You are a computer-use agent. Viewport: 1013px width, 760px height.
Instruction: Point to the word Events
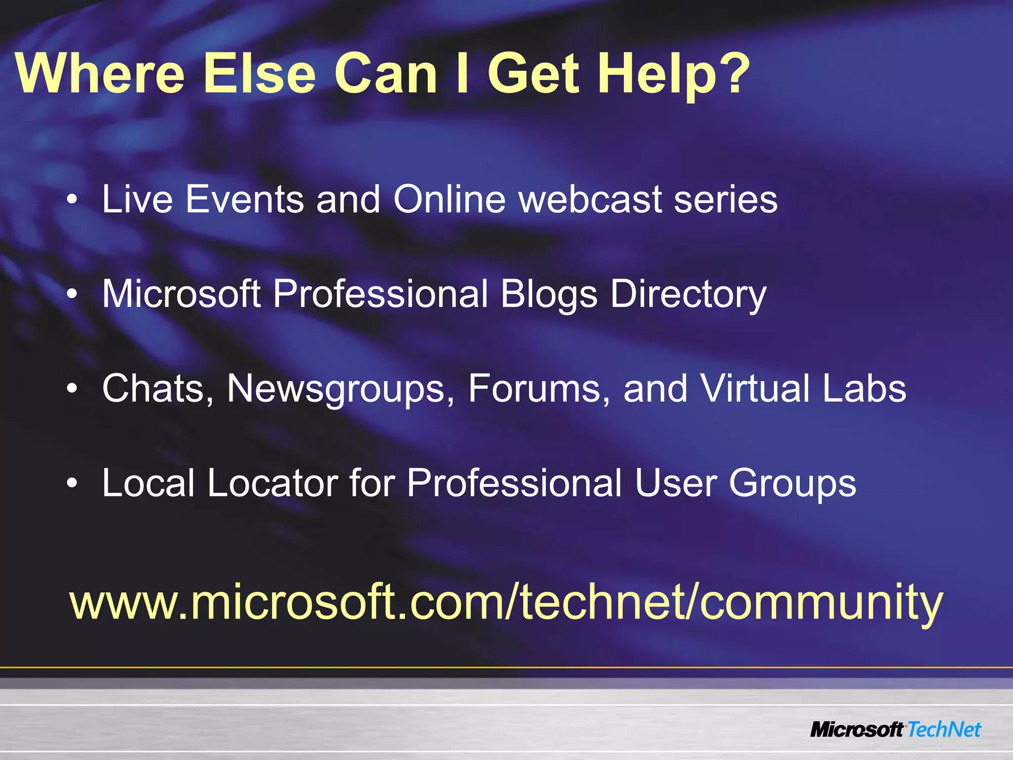(x=244, y=199)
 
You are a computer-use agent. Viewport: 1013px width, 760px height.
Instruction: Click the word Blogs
(x=549, y=295)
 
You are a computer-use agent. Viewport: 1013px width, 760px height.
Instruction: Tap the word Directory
(x=688, y=295)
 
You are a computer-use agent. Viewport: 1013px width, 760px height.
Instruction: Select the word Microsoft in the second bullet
(x=181, y=294)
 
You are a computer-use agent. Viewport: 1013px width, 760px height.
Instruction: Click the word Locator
(x=272, y=483)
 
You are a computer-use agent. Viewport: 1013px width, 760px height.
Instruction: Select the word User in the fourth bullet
(x=675, y=483)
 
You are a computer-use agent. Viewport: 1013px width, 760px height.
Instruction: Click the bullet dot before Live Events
(x=72, y=200)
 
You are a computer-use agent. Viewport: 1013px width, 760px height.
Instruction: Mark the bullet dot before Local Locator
(x=72, y=483)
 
